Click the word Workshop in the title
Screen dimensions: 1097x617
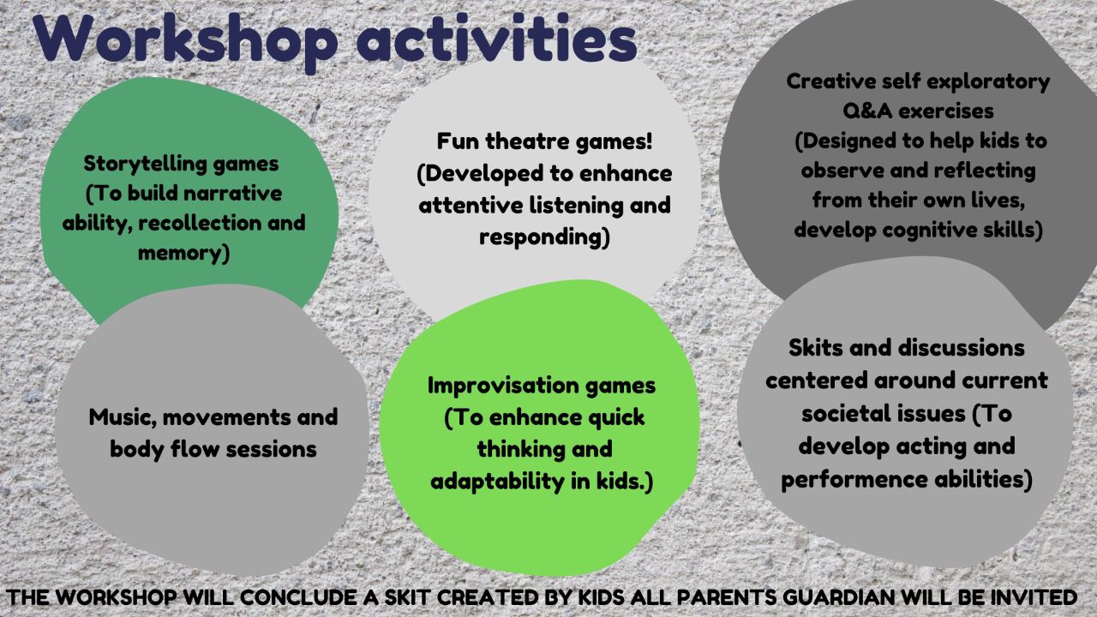[x=185, y=40]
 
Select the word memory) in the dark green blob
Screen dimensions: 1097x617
[x=183, y=253]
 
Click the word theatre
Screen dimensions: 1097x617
[x=527, y=141]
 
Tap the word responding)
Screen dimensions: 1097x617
[x=544, y=237]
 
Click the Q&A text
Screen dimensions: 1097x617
[x=867, y=111]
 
